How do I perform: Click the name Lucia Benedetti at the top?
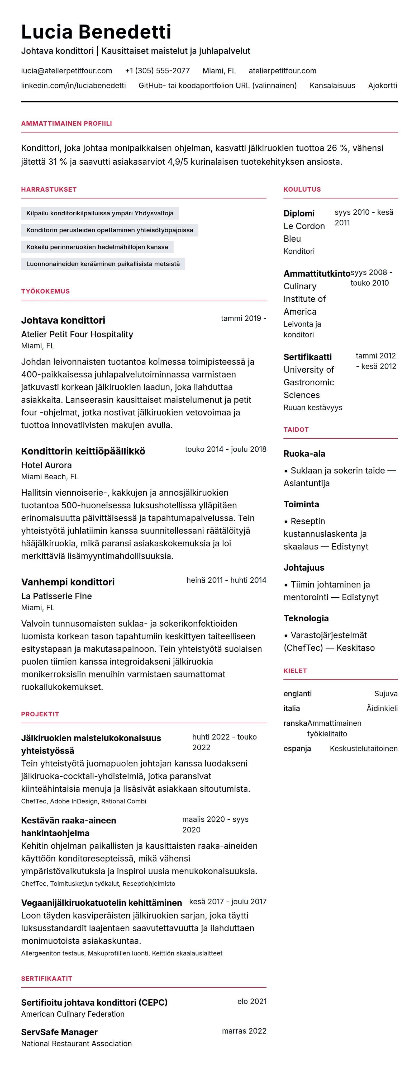96,32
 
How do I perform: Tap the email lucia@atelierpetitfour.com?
66,71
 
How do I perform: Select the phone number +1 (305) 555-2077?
157,71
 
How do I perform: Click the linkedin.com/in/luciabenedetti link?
74,86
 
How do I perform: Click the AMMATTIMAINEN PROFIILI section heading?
66,123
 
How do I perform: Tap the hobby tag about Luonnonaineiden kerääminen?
103,264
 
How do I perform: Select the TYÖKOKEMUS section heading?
45,291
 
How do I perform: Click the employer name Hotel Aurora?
46,465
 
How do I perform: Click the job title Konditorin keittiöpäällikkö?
83,451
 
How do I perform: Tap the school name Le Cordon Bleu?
304,232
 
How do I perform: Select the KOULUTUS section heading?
302,190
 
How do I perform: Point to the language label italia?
292,708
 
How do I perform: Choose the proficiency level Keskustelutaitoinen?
363,749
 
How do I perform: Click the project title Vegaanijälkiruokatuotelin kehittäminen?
101,903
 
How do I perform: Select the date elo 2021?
252,1001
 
